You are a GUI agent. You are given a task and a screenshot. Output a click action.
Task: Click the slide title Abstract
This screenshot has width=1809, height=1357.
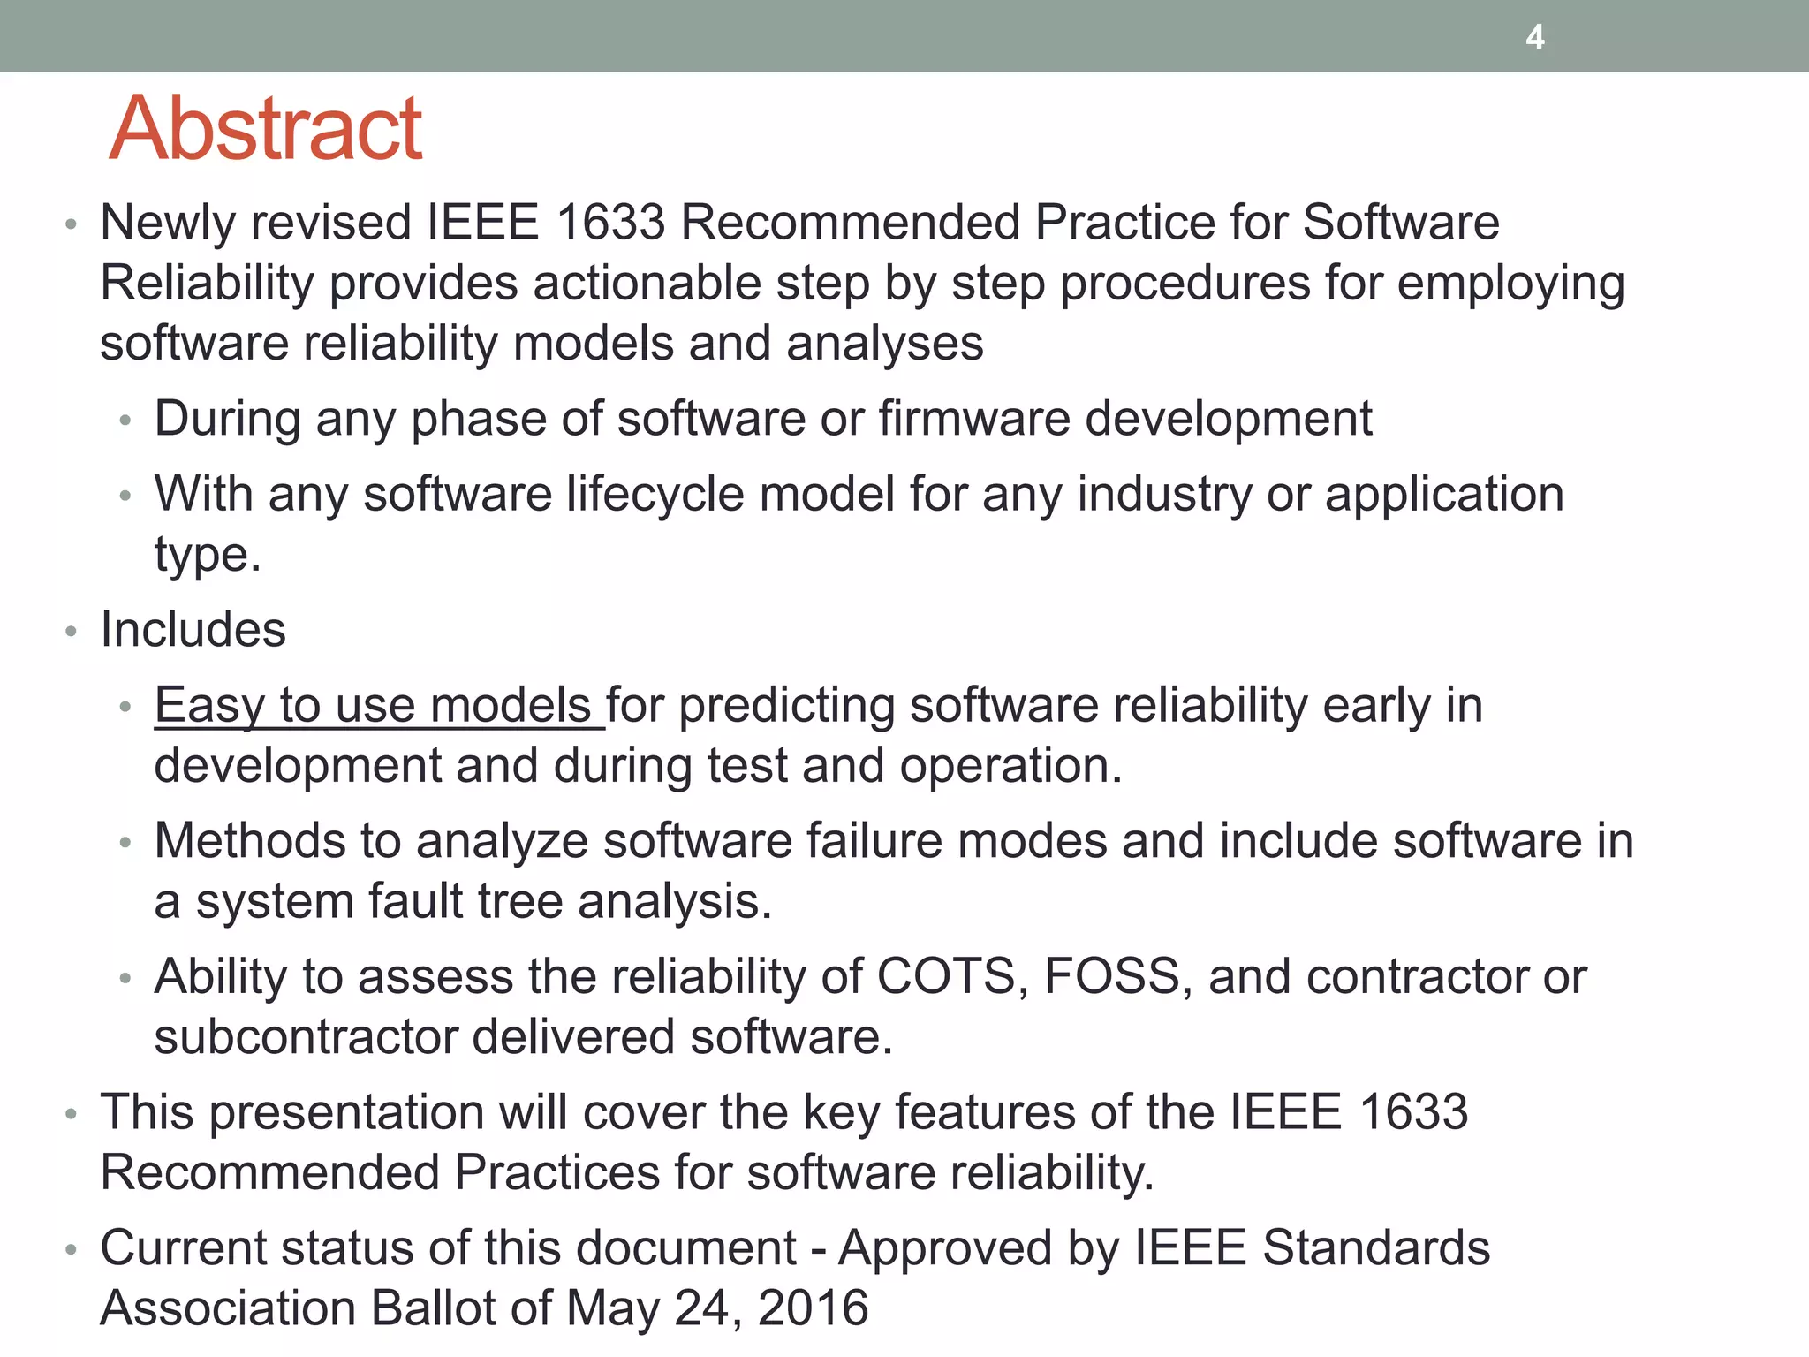point(266,129)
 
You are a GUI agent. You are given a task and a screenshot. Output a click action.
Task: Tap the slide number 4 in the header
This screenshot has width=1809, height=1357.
point(1535,37)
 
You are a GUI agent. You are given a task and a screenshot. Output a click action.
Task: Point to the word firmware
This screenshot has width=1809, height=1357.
point(973,418)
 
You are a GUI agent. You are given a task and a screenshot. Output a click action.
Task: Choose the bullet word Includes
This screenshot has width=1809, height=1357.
point(193,630)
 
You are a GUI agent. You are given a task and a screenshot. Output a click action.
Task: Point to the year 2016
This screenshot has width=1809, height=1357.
point(814,1308)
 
